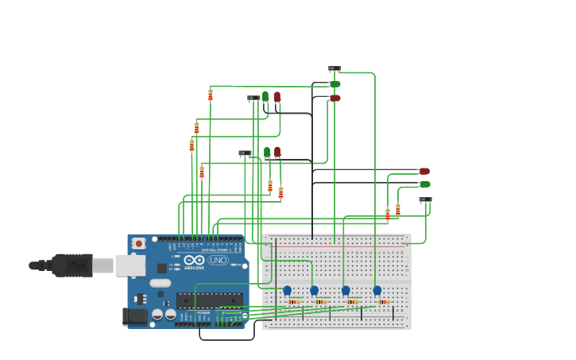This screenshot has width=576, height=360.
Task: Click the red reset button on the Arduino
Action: click(x=139, y=243)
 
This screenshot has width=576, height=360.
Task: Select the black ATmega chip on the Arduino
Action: click(x=208, y=300)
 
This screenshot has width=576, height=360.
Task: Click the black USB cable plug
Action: click(x=72, y=265)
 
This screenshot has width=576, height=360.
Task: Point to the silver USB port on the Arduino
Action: click(x=130, y=265)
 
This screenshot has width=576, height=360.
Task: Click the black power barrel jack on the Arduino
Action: click(x=136, y=316)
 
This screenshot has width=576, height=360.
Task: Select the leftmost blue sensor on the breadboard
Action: click(x=287, y=291)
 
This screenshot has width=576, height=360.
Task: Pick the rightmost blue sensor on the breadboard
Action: click(x=377, y=291)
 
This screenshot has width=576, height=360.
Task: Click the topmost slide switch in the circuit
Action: click(x=334, y=69)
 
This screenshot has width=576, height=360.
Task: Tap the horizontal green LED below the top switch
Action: click(x=335, y=84)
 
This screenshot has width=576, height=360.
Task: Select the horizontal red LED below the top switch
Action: click(x=335, y=98)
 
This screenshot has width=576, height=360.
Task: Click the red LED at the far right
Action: click(x=424, y=171)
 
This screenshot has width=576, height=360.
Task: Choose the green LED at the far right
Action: click(x=425, y=184)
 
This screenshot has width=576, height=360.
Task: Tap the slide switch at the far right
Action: click(x=426, y=199)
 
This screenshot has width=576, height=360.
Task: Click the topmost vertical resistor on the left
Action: click(x=211, y=95)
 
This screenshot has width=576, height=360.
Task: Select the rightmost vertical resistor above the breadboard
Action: click(x=398, y=209)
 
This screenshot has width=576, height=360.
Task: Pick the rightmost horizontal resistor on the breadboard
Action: click(x=384, y=301)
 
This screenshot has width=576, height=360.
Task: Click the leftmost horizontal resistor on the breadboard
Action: click(x=293, y=301)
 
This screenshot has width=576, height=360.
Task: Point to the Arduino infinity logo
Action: click(x=195, y=260)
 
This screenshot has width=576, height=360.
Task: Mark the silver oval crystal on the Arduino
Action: click(x=160, y=283)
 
